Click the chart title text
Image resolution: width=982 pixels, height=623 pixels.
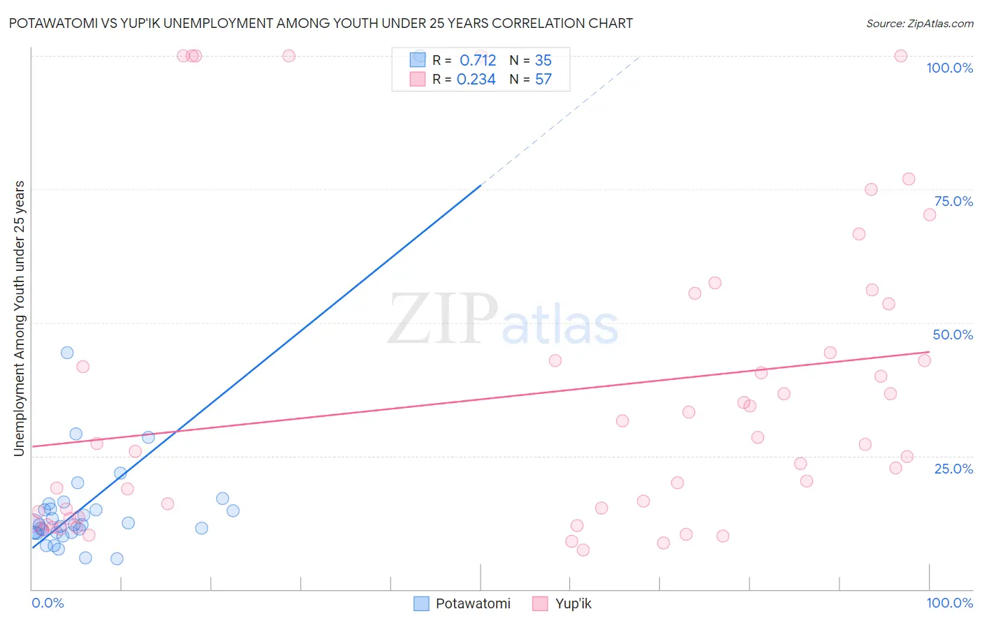pyautogui.click(x=321, y=23)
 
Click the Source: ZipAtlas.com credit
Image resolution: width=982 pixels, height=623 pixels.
pyautogui.click(x=919, y=23)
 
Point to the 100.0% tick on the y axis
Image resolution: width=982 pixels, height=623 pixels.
pyautogui.click(x=949, y=68)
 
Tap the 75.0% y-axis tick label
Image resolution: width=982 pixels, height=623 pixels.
pyautogui.click(x=953, y=201)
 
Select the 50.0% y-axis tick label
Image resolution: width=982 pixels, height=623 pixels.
pyautogui.click(x=953, y=335)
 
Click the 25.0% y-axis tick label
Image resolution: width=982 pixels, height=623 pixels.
pyautogui.click(x=953, y=468)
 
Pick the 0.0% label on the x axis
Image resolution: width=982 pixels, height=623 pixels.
pyautogui.click(x=47, y=603)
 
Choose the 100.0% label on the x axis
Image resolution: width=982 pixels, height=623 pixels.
pyautogui.click(x=949, y=603)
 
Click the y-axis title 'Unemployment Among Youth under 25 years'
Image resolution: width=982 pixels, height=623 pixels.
pyautogui.click(x=20, y=318)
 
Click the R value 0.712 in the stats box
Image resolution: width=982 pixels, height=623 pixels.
pyautogui.click(x=478, y=60)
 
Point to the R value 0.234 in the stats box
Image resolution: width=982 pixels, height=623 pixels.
pyautogui.click(x=476, y=80)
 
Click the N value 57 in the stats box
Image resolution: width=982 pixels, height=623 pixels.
pyautogui.click(x=543, y=80)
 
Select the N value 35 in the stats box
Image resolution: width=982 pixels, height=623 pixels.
pyautogui.click(x=543, y=60)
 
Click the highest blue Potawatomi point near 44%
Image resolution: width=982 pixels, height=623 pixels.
pyautogui.click(x=67, y=353)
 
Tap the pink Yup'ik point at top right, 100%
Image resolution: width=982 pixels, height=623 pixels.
pyautogui.click(x=901, y=56)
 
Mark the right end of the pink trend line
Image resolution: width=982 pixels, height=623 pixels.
pyautogui.click(x=929, y=352)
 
